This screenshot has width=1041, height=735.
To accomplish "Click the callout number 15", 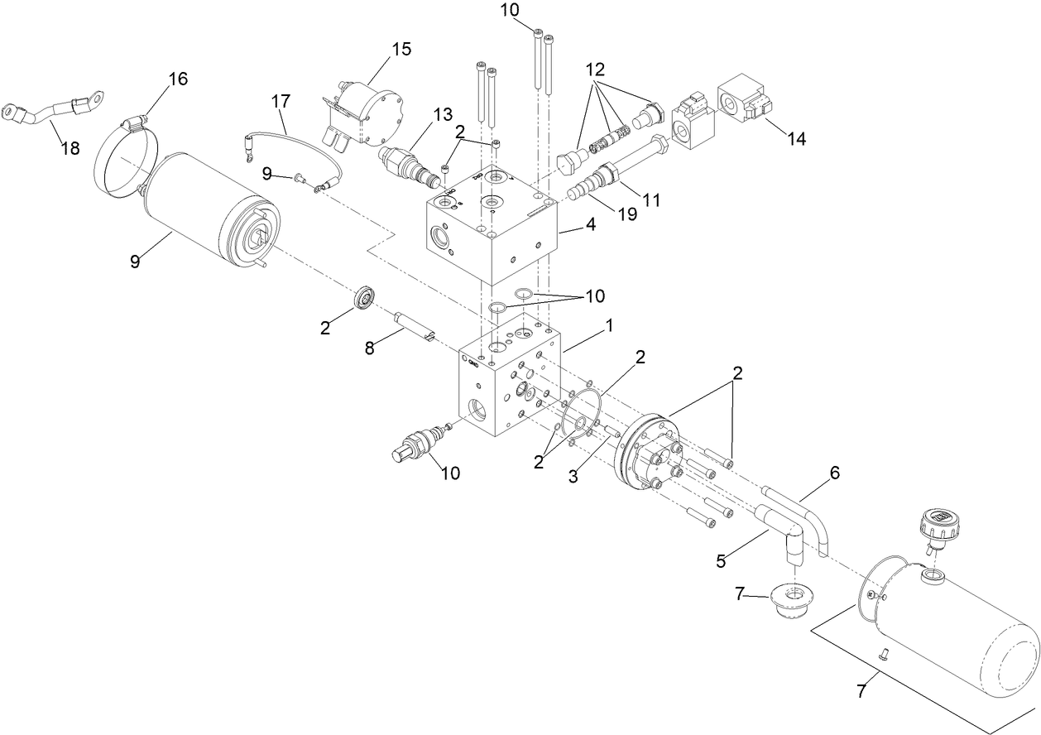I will pyautogui.click(x=401, y=49).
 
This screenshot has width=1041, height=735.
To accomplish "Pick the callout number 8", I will pyautogui.click(x=370, y=348).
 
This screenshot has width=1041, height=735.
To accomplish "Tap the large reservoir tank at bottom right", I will pyautogui.click(x=952, y=629).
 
